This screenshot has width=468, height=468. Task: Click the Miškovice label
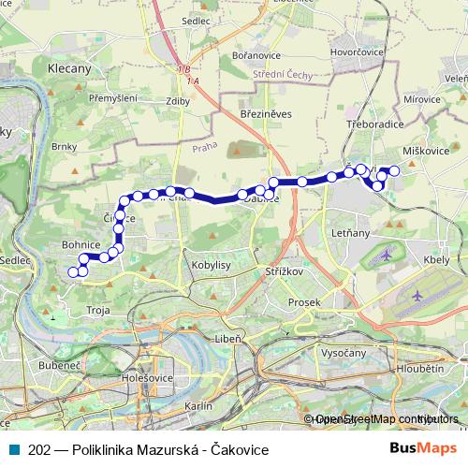[426, 151]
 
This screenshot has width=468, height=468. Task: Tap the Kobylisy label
[211, 266]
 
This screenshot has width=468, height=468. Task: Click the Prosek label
[304, 302]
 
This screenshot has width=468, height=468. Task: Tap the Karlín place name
[199, 406]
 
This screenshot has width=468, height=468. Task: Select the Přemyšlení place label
[112, 98]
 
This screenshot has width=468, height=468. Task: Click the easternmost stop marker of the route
[395, 170]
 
